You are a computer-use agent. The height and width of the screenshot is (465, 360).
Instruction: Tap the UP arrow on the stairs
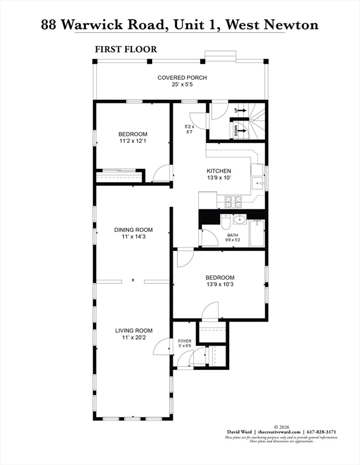pyautogui.click(x=240, y=110)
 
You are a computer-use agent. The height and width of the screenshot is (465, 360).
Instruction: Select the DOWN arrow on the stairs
pyautogui.click(x=240, y=129)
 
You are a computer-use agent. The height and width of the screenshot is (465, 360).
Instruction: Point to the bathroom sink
pyautogui.click(x=239, y=219)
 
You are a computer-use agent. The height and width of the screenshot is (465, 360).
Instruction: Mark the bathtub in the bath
pyautogui.click(x=258, y=234)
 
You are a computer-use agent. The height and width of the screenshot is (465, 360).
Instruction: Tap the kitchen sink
pyautogui.click(x=258, y=182)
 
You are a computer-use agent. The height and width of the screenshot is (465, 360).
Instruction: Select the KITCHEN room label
pyautogui.click(x=219, y=171)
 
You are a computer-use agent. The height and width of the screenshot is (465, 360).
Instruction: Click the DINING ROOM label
pyautogui.click(x=133, y=230)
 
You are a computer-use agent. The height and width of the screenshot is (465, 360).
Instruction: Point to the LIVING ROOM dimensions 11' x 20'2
pyautogui.click(x=134, y=338)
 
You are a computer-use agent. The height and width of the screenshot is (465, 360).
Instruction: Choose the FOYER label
pyautogui.click(x=185, y=341)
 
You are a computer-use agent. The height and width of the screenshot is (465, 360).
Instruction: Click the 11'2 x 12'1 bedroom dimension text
pyautogui.click(x=132, y=141)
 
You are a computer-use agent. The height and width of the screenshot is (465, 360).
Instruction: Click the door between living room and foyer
pyautogui.click(x=161, y=347)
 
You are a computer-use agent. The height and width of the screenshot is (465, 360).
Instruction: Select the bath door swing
pyautogui.click(x=207, y=236)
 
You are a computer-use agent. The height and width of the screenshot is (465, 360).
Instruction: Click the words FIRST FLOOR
pyautogui.click(x=125, y=49)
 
